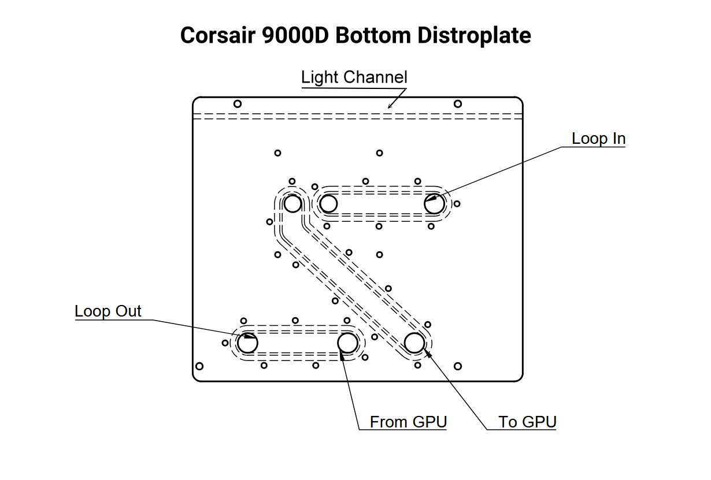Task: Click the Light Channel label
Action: [354, 77]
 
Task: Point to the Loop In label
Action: [598, 139]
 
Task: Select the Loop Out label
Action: [108, 311]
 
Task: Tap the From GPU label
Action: [408, 422]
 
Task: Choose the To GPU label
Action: [527, 422]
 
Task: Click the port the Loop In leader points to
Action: [434, 204]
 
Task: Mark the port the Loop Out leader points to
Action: [247, 343]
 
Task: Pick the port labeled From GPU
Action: [348, 343]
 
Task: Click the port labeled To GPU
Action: [414, 343]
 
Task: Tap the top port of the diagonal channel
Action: [292, 203]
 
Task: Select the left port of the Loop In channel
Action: [329, 203]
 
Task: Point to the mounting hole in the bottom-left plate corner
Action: [200, 366]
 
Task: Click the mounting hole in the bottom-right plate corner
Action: [458, 366]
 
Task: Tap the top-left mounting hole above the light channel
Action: [237, 104]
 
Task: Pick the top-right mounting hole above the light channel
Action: [458, 104]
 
